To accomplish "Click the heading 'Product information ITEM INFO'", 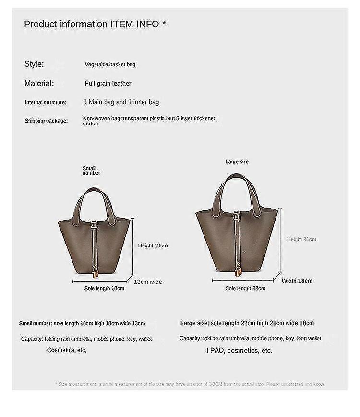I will coord(95,24).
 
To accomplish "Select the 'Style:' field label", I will coord(34,64).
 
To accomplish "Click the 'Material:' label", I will coord(39,83).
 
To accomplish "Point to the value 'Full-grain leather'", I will coord(108,84).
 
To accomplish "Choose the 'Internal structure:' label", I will coord(46,102).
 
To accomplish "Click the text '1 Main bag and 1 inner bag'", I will coord(121,102).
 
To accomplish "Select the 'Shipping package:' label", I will coord(46,121).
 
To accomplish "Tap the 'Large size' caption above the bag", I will coord(237,162).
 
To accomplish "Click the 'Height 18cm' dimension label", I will coord(153,245).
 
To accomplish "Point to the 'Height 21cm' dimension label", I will coord(302,239).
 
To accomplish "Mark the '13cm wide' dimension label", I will coord(148,282).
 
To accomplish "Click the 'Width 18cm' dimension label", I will coord(297,281).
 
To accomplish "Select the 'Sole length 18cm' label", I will coord(105,288).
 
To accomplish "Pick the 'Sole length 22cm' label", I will coord(245,288).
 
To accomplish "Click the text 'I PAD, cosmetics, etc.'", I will coord(240,350).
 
